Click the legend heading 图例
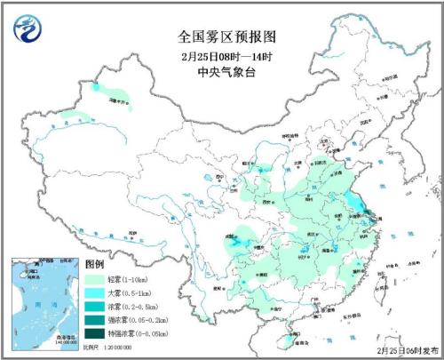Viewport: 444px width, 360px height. coord(95,266)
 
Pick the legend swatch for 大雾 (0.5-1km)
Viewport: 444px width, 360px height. coord(94,294)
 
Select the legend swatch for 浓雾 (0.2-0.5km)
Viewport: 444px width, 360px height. coord(94,308)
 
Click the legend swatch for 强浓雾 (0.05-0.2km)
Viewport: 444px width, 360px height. coord(94,321)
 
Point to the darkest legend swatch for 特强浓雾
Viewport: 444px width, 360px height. coord(94,334)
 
